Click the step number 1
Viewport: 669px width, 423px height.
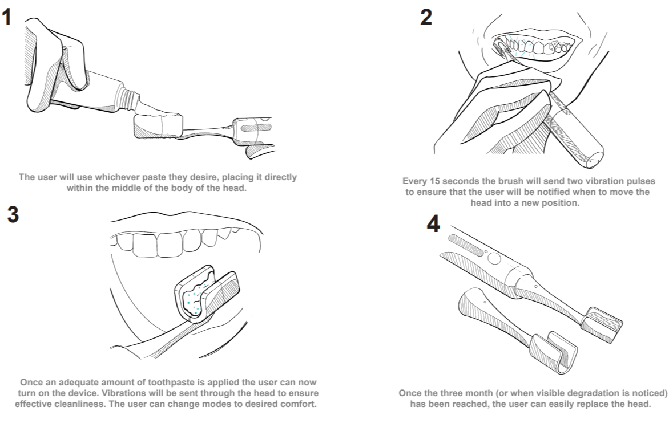coord(6,17)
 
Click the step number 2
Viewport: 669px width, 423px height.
coord(426,18)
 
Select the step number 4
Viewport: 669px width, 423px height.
coord(433,224)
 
